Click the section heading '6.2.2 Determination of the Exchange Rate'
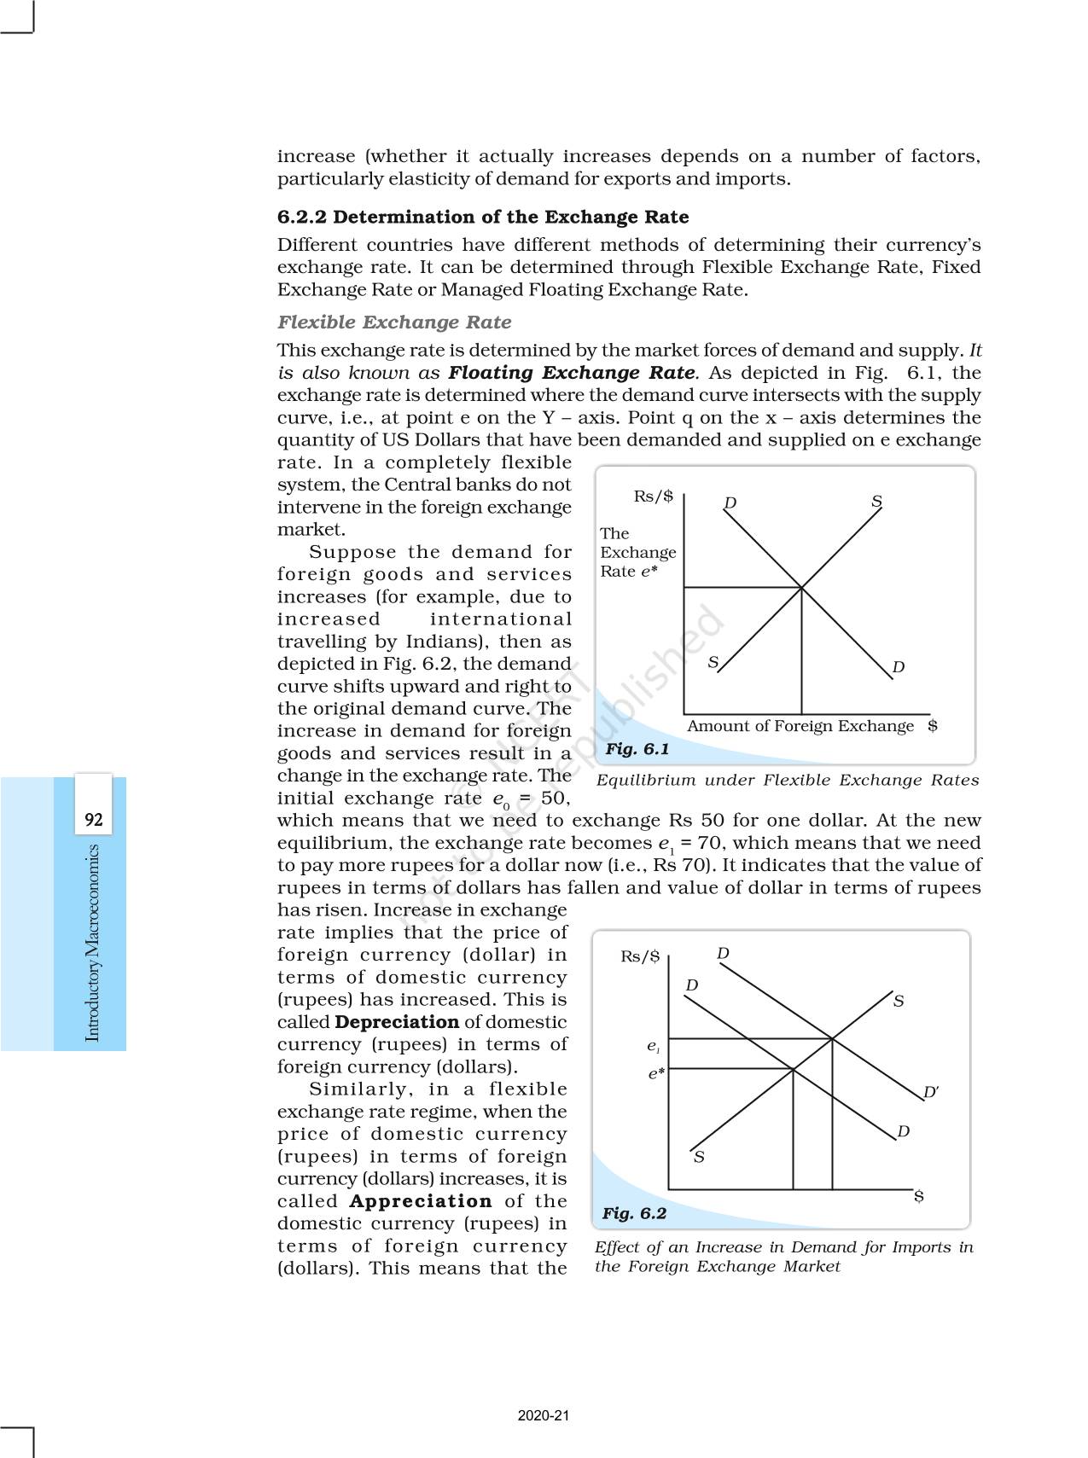tap(482, 217)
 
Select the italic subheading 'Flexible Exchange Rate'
tap(394, 322)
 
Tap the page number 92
tap(93, 820)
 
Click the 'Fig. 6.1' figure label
tap(637, 749)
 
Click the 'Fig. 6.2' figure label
tap(633, 1213)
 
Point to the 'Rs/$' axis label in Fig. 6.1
tap(653, 497)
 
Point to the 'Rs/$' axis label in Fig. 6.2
tap(640, 956)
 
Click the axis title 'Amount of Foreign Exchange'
tap(800, 726)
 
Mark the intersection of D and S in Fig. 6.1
tap(801, 587)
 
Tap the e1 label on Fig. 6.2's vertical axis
tap(653, 1046)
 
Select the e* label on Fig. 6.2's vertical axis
tap(655, 1074)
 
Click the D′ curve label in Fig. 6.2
tap(931, 1092)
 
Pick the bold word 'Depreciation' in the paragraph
tap(397, 1022)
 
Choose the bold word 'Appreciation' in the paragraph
tap(421, 1201)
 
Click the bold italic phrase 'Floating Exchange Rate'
tap(572, 373)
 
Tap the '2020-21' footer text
tap(544, 1415)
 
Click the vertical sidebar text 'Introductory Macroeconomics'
tap(93, 943)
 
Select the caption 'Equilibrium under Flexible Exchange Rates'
tap(787, 780)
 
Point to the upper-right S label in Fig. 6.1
tap(876, 501)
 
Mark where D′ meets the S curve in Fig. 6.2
tap(832, 1038)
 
